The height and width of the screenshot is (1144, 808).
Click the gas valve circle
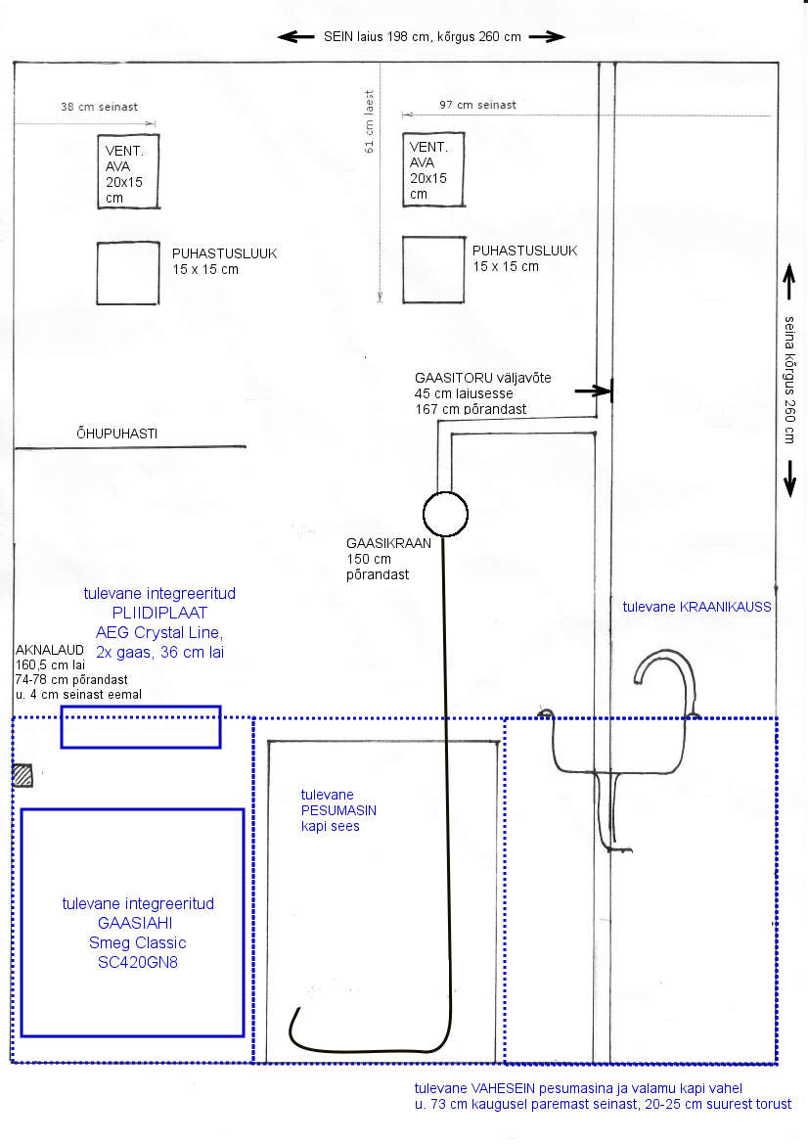point(445,513)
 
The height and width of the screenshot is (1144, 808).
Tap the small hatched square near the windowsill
point(23,775)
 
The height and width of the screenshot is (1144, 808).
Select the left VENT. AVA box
point(128,171)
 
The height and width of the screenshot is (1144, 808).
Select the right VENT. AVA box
point(433,170)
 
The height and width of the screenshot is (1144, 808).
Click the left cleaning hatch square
point(128,274)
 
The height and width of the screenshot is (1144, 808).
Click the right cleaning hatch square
point(433,270)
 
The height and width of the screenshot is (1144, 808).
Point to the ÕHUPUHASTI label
point(116,434)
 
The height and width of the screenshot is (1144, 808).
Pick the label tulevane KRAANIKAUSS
point(697,607)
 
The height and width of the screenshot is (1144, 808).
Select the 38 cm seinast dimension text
point(100,106)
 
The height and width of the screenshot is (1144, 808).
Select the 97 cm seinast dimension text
point(477,105)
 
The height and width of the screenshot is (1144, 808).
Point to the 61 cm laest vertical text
point(370,121)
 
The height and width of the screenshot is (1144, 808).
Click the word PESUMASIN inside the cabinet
point(338,810)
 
